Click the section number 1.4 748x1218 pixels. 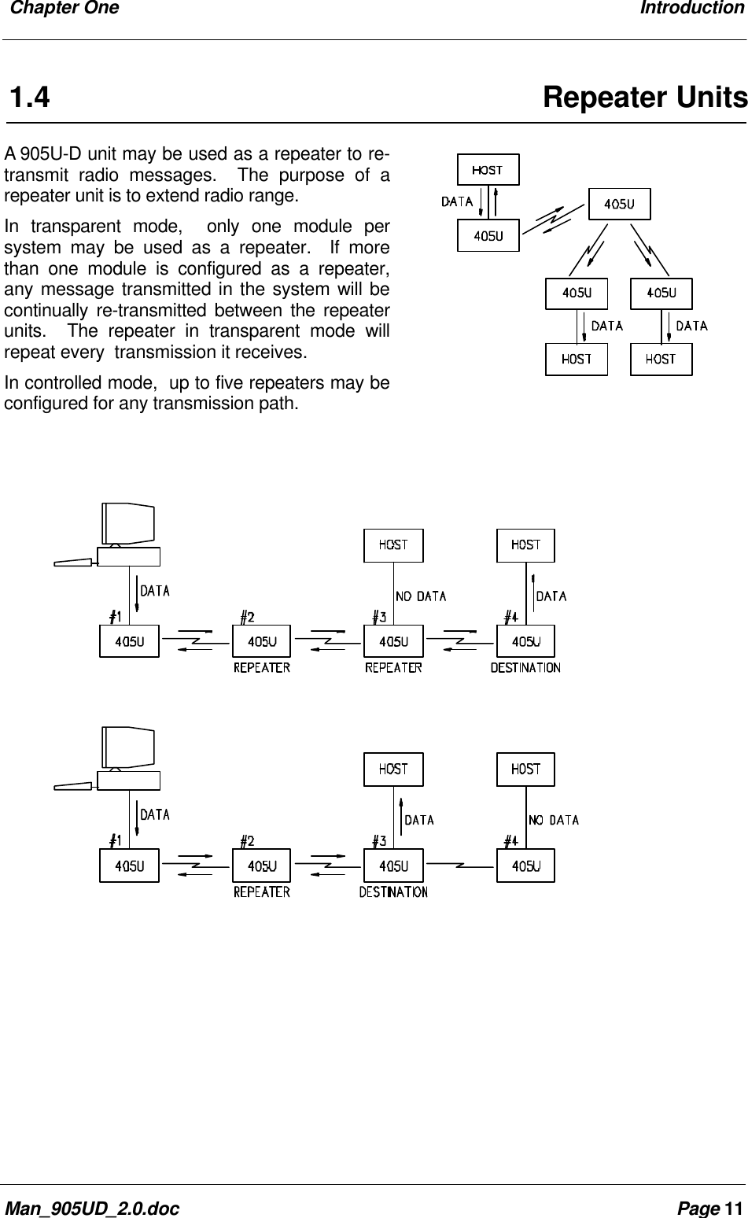[x=30, y=99]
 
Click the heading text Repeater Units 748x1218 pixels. [x=644, y=98]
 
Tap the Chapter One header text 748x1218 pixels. [x=60, y=9]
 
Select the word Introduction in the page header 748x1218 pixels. [x=691, y=9]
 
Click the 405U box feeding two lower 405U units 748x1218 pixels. [x=620, y=204]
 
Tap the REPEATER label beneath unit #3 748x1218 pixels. [x=393, y=668]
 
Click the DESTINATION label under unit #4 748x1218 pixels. [x=525, y=668]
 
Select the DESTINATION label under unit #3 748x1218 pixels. [x=393, y=892]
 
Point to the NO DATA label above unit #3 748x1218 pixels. [x=421, y=596]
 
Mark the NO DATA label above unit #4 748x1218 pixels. [x=554, y=820]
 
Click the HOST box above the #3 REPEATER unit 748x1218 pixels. [x=393, y=544]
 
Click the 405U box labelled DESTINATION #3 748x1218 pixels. [x=393, y=866]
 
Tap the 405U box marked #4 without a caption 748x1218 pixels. [x=525, y=866]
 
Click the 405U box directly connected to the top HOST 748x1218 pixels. [x=488, y=234]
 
